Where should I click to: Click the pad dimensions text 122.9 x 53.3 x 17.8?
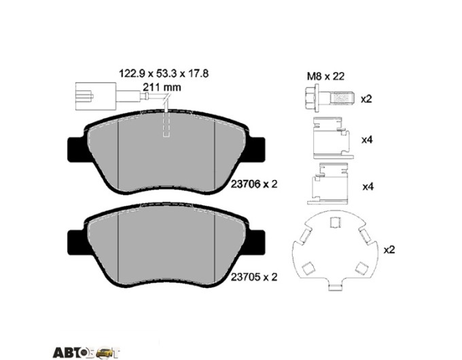(164, 73)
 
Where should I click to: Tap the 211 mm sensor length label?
(162, 87)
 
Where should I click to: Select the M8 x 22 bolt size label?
(325, 77)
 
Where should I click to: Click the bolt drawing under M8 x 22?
(329, 98)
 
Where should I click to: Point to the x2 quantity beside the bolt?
(366, 99)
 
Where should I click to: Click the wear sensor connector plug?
(96, 96)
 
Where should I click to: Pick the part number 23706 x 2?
(254, 185)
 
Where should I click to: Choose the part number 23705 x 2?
(254, 277)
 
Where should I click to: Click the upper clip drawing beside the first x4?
(333, 138)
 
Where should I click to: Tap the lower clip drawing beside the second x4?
(330, 184)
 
